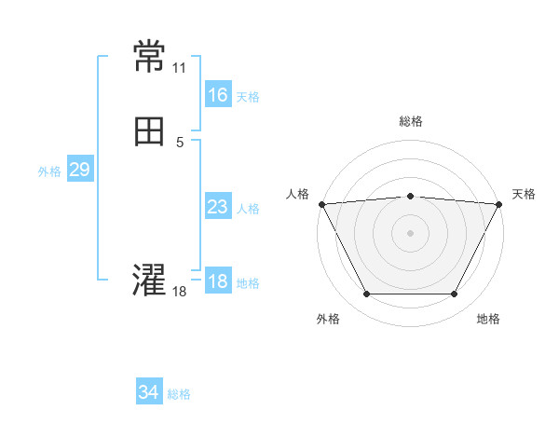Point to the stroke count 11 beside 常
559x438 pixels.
click(180, 68)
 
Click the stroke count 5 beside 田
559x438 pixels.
click(180, 142)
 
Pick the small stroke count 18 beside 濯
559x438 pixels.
click(180, 292)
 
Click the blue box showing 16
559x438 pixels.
click(217, 95)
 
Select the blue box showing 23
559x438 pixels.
click(217, 207)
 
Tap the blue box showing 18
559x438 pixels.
click(217, 281)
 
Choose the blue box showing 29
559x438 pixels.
click(79, 170)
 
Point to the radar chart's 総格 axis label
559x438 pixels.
click(411, 121)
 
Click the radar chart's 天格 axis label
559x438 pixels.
click(524, 194)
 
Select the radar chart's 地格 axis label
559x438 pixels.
click(488, 320)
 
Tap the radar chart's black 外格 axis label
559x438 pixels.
click(328, 320)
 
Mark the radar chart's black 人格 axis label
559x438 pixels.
click(297, 194)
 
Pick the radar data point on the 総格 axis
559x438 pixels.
click(411, 196)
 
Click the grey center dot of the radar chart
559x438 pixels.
click(411, 232)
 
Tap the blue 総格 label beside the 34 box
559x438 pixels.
click(179, 394)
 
